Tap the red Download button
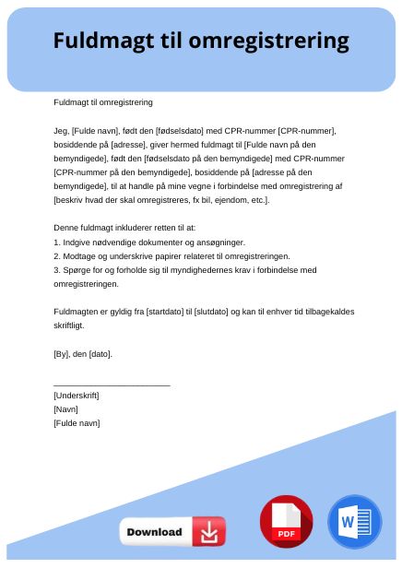pyautogui.click(x=172, y=532)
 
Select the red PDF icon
pyautogui.click(x=286, y=521)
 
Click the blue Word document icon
pyautogui.click(x=354, y=522)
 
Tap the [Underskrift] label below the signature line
pyautogui.click(x=77, y=396)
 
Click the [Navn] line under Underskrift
pyautogui.click(x=65, y=409)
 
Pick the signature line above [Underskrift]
pyautogui.click(x=112, y=384)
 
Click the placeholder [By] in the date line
pyautogui.click(x=62, y=353)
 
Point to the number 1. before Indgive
pyautogui.click(x=57, y=242)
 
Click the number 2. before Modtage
pyautogui.click(x=57, y=255)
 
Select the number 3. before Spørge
pyautogui.click(x=57, y=269)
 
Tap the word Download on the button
pyautogui.click(x=154, y=532)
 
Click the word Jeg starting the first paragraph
pyautogui.click(x=61, y=131)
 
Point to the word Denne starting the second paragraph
pyautogui.click(x=65, y=228)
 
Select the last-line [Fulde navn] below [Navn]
pyautogui.click(x=77, y=423)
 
